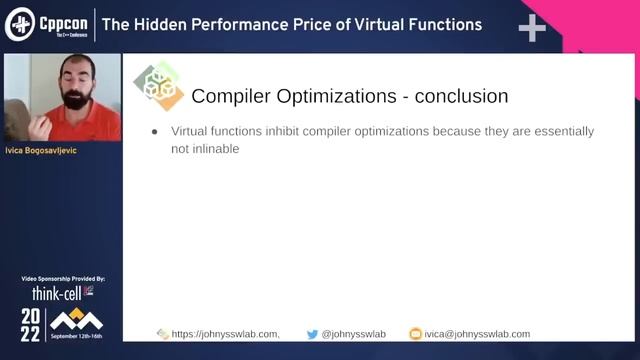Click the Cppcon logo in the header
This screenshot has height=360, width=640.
tap(47, 24)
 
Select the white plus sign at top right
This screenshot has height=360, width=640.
tap(532, 27)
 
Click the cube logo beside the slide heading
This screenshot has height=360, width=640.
tap(159, 87)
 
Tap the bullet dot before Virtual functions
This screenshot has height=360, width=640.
tap(154, 132)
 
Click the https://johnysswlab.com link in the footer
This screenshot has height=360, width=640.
tap(225, 334)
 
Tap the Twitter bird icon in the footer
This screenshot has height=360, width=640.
tap(312, 334)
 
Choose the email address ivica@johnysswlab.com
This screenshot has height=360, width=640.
tap(476, 334)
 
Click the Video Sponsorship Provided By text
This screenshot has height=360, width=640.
tap(62, 278)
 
